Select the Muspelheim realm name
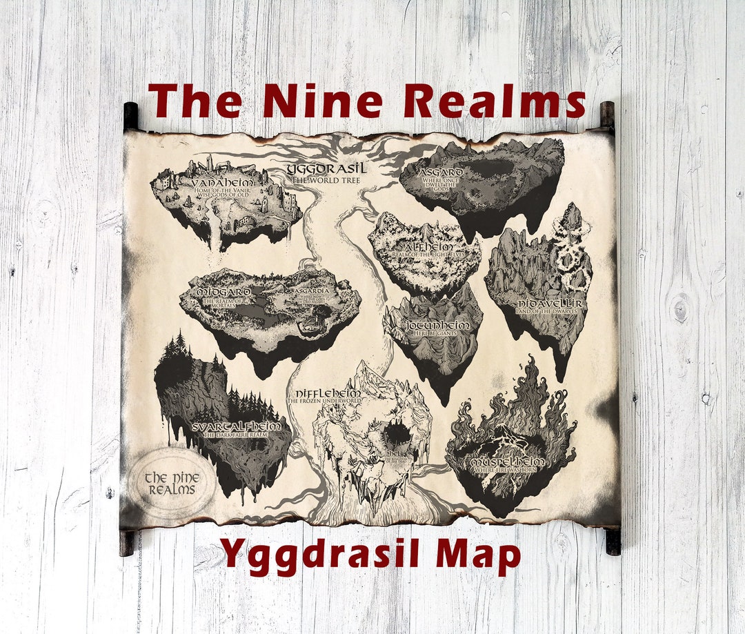tap(508, 461)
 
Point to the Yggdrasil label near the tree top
tap(326, 169)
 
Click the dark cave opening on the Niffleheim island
tap(396, 435)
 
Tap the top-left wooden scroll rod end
tap(130, 115)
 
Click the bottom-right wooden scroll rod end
tap(613, 541)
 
